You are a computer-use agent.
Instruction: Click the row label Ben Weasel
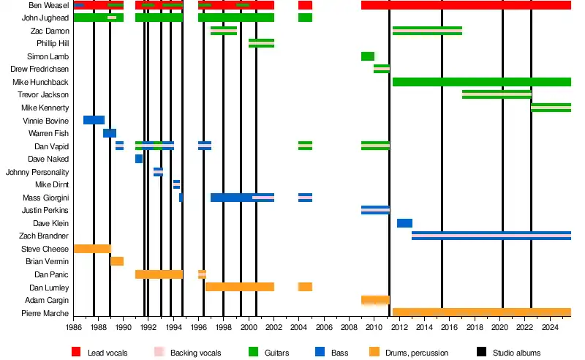tap(50, 5)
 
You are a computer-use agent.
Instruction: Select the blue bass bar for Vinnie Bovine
tap(94, 120)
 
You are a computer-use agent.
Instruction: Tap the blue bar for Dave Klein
tap(404, 223)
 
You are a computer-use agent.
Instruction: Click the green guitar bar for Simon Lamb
tap(367, 56)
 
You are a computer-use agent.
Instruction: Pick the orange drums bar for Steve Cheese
tap(92, 249)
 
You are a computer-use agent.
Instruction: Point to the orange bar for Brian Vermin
tap(117, 261)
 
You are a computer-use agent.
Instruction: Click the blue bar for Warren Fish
tap(110, 133)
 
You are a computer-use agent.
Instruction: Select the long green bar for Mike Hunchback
tap(481, 82)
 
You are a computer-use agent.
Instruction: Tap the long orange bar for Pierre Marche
tap(481, 312)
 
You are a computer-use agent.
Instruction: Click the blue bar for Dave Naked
tap(139, 159)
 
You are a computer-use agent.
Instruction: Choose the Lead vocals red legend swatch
tap(76, 353)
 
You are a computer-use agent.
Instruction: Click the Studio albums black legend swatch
tap(481, 353)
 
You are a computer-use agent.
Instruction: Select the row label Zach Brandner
tap(45, 236)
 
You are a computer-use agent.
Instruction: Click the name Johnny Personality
tap(37, 172)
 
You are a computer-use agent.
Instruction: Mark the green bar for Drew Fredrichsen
tap(382, 69)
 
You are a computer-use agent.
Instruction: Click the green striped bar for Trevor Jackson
tap(497, 94)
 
